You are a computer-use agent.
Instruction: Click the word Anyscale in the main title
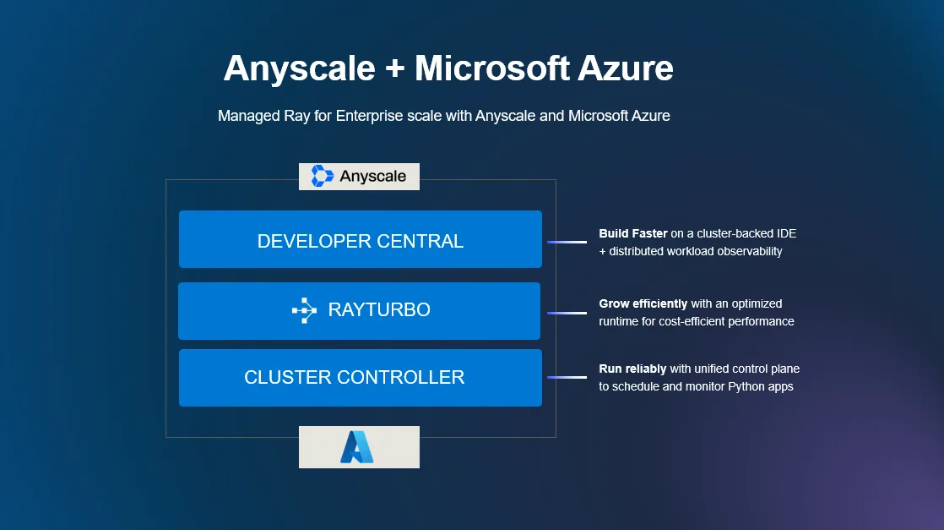(299, 68)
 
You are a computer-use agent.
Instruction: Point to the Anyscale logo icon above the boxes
(323, 176)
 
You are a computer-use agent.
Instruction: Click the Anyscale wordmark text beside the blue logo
(372, 176)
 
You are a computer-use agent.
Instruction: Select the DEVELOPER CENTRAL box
(361, 240)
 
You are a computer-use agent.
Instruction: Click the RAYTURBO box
(360, 310)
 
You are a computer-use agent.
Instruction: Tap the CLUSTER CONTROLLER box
(361, 378)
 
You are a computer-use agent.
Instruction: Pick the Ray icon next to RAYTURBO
(304, 310)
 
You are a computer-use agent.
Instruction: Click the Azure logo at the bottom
(358, 447)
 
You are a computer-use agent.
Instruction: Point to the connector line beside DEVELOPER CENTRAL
(567, 242)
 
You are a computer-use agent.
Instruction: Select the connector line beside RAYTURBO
(567, 313)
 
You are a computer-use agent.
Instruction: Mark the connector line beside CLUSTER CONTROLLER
(567, 377)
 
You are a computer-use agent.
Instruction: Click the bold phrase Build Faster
(633, 233)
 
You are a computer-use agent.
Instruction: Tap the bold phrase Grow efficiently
(643, 303)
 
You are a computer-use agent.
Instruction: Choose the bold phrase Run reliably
(632, 369)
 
